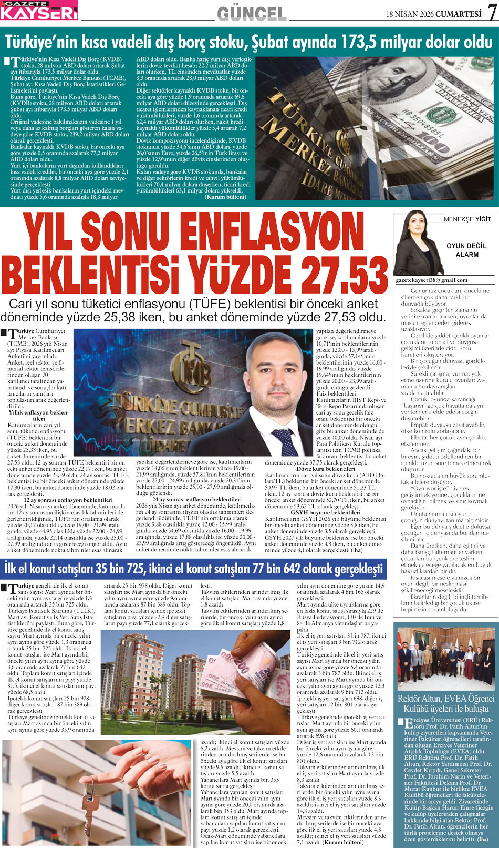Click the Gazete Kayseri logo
[39, 11]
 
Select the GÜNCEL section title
[252, 14]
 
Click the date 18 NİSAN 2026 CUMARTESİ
[433, 14]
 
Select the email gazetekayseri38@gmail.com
[431, 280]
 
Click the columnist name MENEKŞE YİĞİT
[467, 219]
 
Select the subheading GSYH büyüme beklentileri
[325, 512]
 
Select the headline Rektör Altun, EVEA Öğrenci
[445, 699]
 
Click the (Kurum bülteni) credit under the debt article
[225, 196]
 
